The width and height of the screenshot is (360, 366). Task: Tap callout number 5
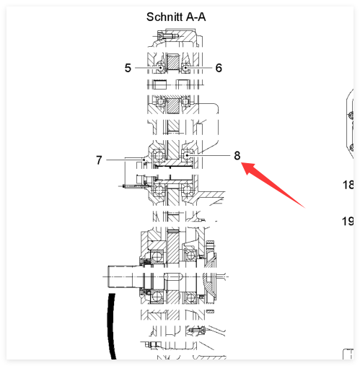128,68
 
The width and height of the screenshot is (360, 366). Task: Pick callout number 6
219,68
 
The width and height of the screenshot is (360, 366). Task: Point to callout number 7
99,160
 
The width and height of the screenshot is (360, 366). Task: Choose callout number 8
237,155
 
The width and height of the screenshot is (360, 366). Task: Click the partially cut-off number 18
348,185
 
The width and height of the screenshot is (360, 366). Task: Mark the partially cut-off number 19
348,221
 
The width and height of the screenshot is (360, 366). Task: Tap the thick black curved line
110,327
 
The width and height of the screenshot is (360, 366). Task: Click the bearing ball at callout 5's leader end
160,68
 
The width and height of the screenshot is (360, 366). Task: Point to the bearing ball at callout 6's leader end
185,68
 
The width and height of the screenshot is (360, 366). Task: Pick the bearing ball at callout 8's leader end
187,155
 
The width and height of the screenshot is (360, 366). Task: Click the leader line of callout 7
125,160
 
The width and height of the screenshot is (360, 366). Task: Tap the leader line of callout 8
208,155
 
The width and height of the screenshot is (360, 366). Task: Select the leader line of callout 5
148,68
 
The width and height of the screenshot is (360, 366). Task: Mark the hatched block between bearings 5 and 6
173,62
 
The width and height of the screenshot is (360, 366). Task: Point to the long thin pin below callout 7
135,186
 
